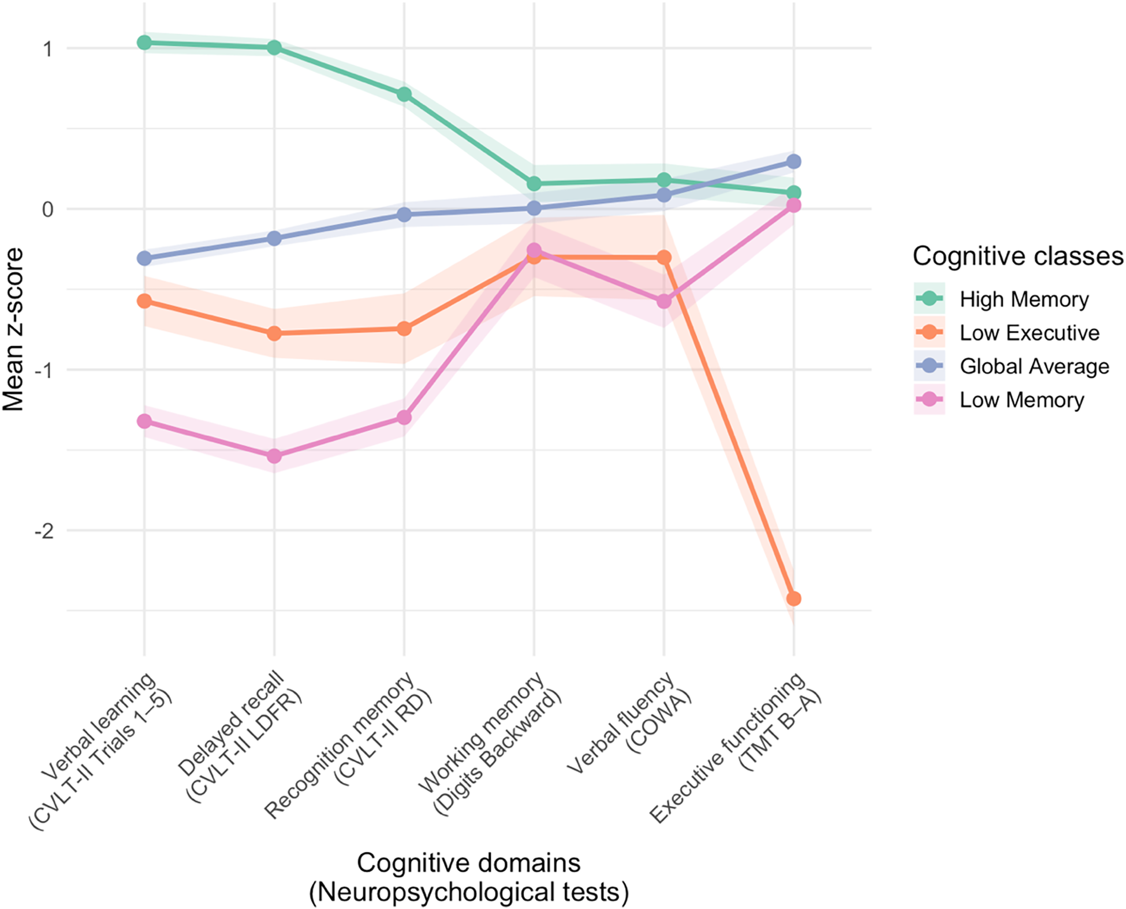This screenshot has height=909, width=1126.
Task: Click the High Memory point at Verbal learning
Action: tap(144, 42)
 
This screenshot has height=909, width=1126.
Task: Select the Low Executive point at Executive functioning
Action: tap(793, 599)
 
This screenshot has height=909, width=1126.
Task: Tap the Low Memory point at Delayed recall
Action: tap(274, 456)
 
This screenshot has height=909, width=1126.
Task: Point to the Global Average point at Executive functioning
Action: tap(793, 161)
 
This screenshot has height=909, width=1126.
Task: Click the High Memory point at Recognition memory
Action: tap(404, 94)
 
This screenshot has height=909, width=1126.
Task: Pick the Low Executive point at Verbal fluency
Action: tap(664, 257)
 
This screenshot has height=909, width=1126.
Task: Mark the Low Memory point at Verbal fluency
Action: tap(664, 301)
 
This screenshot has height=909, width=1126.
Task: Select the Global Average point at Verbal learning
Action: tap(144, 258)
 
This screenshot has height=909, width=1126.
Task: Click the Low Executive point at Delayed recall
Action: tap(274, 334)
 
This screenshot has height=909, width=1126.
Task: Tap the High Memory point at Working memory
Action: tap(534, 184)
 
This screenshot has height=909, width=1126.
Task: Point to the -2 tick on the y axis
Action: tap(44, 531)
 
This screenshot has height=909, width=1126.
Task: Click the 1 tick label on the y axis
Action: tap(47, 49)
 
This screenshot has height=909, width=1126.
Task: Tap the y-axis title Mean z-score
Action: tap(13, 329)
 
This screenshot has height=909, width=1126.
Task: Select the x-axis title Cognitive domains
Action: tap(468, 863)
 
